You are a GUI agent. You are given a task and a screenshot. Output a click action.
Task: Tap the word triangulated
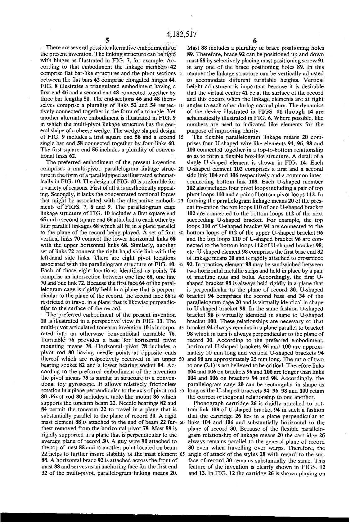(x=93, y=86)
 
